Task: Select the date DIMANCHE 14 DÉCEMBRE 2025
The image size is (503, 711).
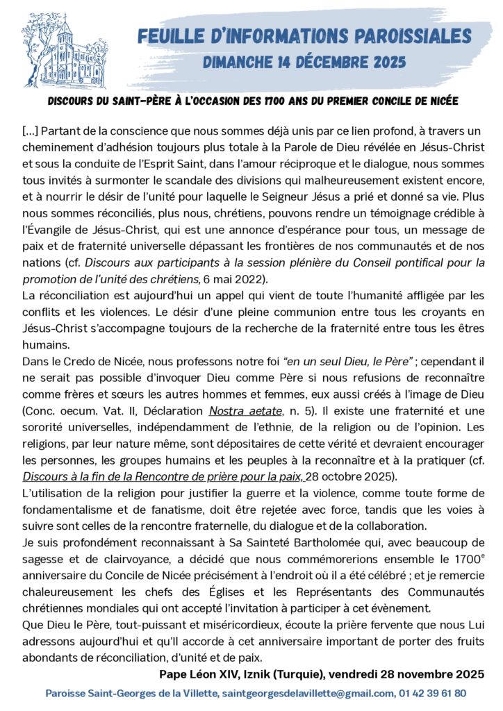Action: tap(304, 62)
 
